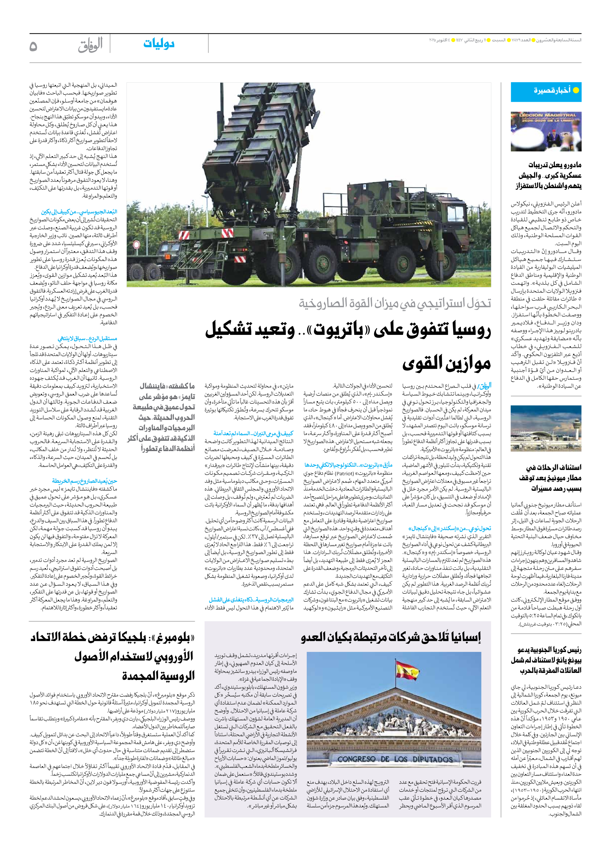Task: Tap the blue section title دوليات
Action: (159, 44)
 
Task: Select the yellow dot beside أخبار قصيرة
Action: (576, 90)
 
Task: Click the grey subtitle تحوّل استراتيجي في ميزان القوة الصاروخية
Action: (395, 303)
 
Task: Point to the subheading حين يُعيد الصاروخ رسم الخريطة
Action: (85, 481)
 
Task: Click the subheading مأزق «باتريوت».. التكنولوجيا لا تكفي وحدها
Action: (348, 465)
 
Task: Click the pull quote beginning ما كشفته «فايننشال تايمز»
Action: (162, 417)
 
